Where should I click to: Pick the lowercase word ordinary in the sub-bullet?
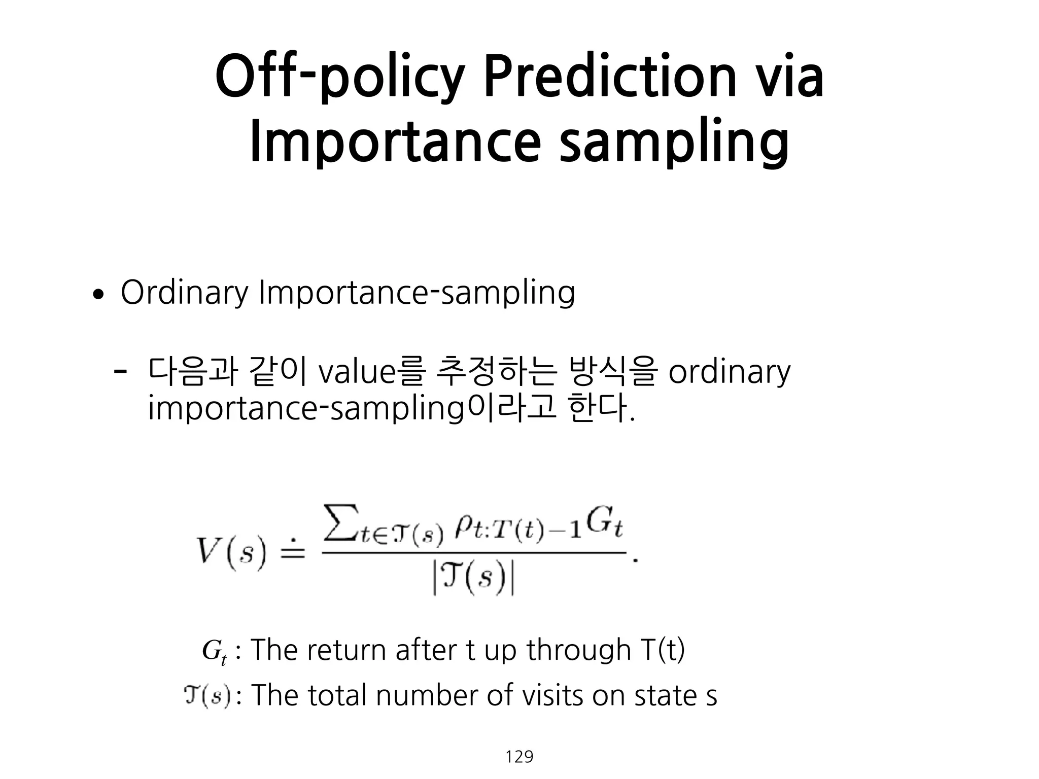coord(729,373)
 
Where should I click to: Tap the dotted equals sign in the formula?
coord(290,550)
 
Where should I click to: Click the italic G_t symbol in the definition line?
coord(214,651)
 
